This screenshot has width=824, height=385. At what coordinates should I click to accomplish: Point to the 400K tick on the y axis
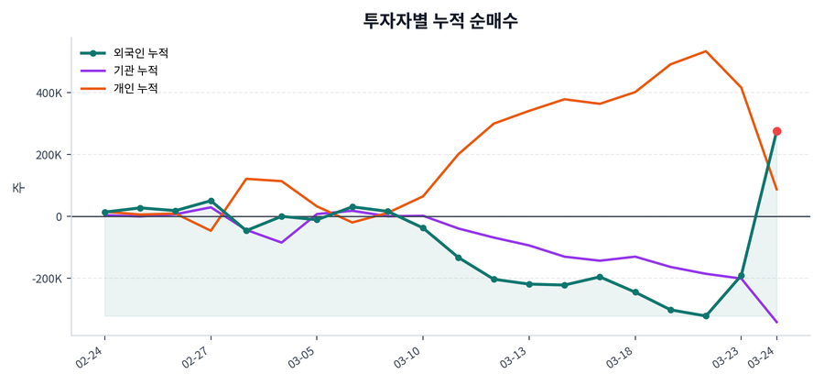pyautogui.click(x=48, y=93)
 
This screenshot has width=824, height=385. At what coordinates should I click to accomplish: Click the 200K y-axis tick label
pyautogui.click(x=48, y=155)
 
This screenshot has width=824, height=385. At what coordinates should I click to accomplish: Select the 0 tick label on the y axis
pyautogui.click(x=58, y=217)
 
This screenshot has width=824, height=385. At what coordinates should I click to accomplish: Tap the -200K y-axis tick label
pyautogui.click(x=45, y=279)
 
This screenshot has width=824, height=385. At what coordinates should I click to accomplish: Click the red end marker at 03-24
pyautogui.click(x=776, y=131)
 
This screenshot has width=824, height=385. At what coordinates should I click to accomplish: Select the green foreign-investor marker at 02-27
pyautogui.click(x=211, y=201)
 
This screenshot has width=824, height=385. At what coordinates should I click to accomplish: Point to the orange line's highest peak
pyautogui.click(x=706, y=51)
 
